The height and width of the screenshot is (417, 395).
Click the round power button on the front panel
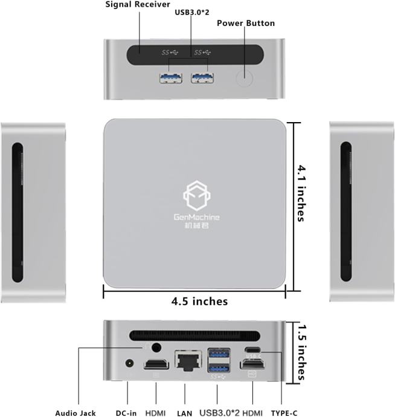click(243, 78)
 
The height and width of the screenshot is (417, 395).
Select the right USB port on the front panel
click(202, 77)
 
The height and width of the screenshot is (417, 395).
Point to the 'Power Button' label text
click(246, 24)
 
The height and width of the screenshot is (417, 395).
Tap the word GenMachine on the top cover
click(194, 218)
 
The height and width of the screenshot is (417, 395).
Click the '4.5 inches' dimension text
click(199, 301)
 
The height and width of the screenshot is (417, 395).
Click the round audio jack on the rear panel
click(157, 348)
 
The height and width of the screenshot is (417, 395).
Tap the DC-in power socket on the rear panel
click(129, 364)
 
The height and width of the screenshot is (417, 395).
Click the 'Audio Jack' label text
click(75, 413)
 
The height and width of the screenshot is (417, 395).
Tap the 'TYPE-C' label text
click(283, 413)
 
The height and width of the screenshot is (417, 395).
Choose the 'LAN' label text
click(185, 413)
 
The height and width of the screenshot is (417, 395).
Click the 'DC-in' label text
click(126, 413)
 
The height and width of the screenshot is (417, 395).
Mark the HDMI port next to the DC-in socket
click(155, 364)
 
